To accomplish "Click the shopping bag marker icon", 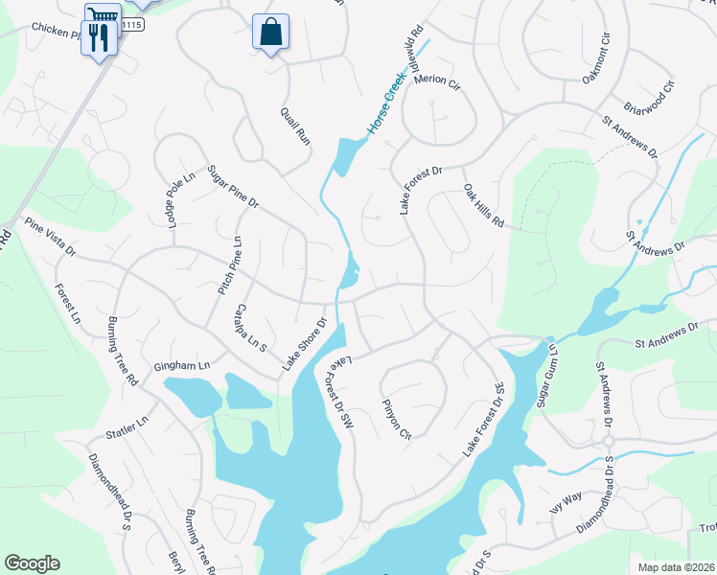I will tap(270, 32).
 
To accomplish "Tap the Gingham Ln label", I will tap(181, 366).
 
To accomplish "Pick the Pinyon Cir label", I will tap(396, 419).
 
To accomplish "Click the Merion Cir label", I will tap(438, 81).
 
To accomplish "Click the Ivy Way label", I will tap(566, 500).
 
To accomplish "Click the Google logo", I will tap(32, 563).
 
